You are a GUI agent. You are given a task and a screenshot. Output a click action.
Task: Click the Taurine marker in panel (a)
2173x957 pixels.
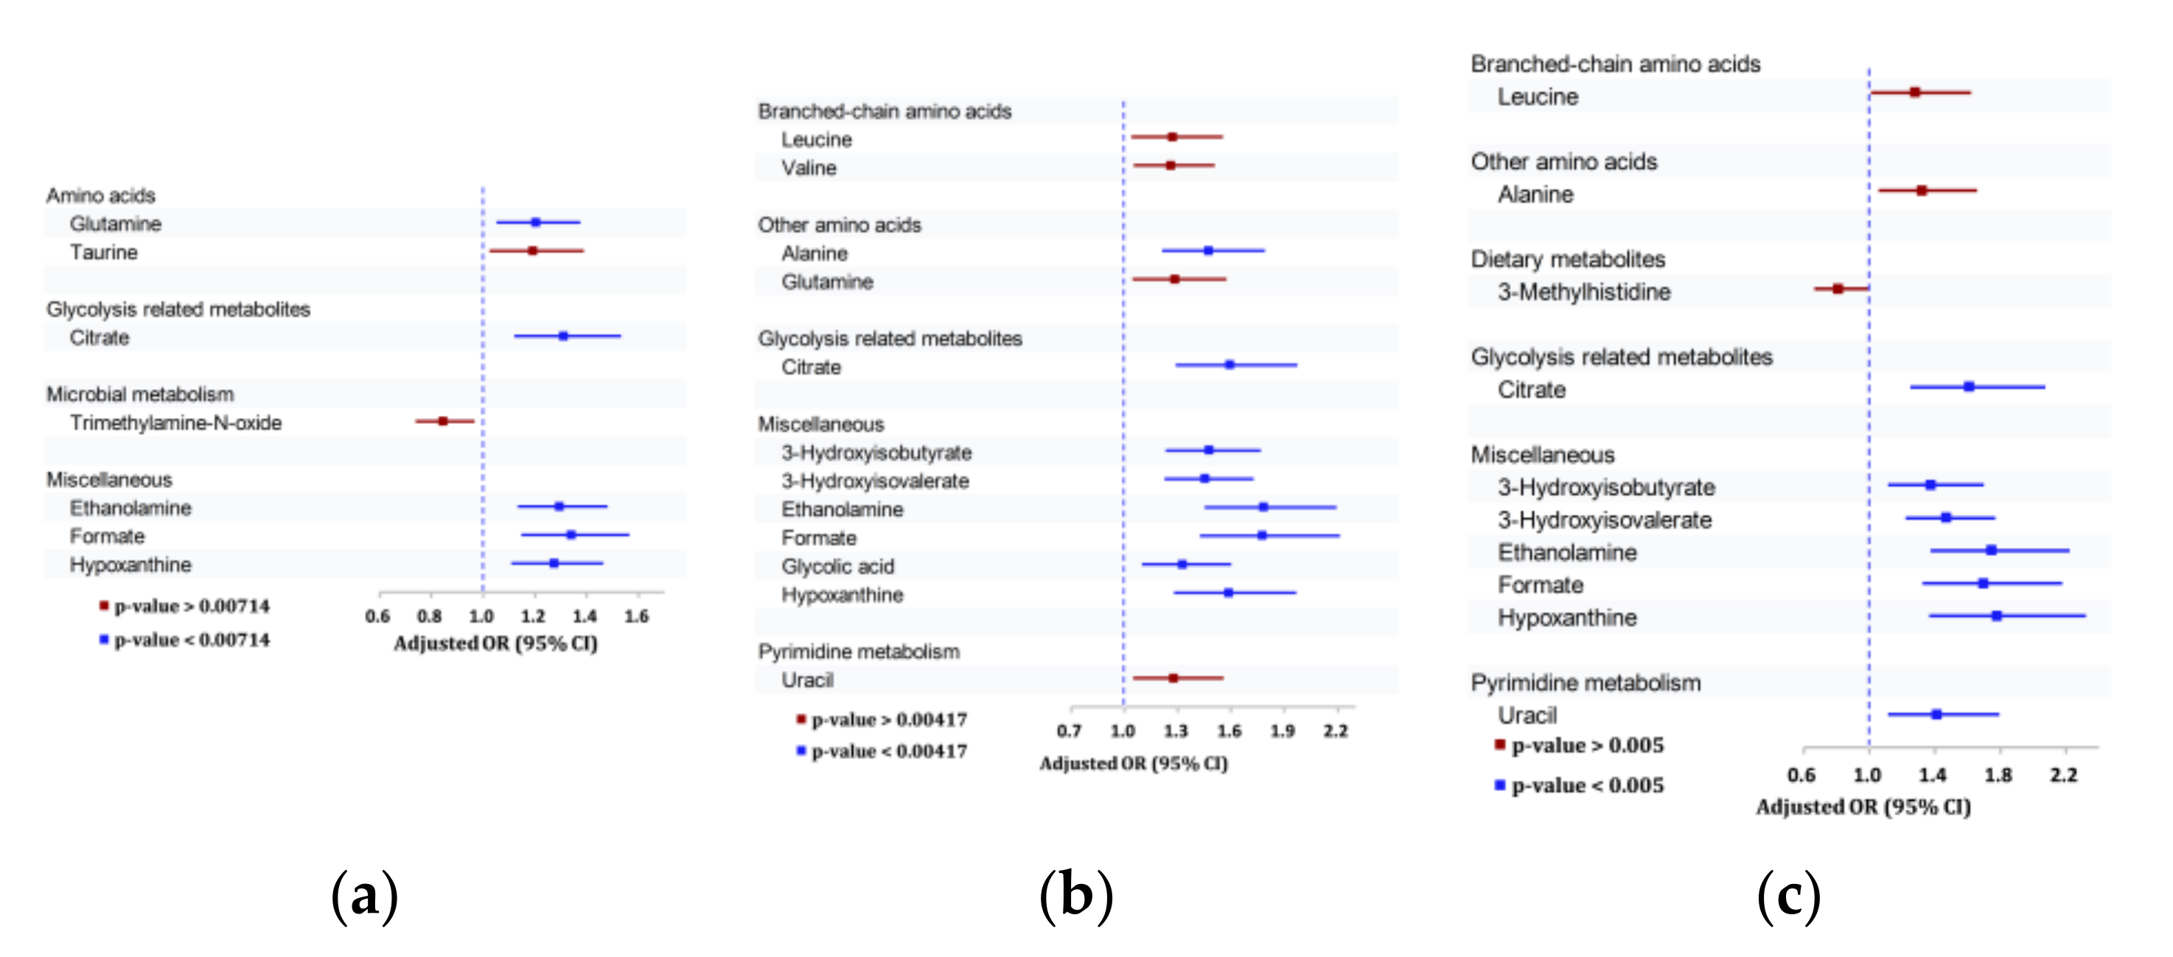(x=532, y=251)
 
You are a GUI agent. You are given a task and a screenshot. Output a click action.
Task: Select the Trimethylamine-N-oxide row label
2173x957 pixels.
(x=175, y=422)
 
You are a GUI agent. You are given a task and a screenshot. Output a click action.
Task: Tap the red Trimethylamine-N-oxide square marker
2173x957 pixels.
(x=443, y=420)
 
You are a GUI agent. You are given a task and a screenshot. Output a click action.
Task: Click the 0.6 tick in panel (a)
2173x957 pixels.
(x=377, y=616)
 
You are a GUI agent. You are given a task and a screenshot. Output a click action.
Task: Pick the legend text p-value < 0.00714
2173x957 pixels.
(x=192, y=640)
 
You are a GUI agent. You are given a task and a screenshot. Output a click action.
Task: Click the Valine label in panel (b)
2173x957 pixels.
(x=808, y=168)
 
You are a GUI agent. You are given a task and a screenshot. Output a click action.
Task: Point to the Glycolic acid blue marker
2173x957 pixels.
(x=1182, y=564)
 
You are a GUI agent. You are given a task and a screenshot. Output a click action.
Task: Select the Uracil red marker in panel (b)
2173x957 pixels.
(x=1173, y=678)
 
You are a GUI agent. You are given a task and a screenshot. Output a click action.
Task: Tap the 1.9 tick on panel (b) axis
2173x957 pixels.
(x=1283, y=731)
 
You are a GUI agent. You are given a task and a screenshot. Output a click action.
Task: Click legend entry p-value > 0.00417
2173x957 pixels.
(x=888, y=720)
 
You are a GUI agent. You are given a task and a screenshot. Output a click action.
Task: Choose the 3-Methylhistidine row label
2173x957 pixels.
(x=1583, y=292)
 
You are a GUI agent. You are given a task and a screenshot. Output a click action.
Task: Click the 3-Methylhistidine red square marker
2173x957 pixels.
(x=1838, y=288)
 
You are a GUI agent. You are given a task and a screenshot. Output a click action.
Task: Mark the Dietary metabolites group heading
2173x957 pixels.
(x=1567, y=259)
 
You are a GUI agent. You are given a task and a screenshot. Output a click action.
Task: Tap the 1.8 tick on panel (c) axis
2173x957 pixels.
(x=1998, y=775)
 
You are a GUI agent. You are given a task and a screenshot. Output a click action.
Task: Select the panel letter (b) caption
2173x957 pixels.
(x=1075, y=897)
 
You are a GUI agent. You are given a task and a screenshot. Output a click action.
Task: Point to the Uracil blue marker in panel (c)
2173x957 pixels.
(x=1936, y=714)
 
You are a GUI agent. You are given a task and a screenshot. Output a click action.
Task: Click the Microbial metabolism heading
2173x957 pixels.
(x=140, y=394)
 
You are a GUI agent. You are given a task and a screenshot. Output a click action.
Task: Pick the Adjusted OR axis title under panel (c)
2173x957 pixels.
(x=1863, y=807)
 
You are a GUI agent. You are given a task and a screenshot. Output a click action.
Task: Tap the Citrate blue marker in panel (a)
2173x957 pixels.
(x=562, y=336)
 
